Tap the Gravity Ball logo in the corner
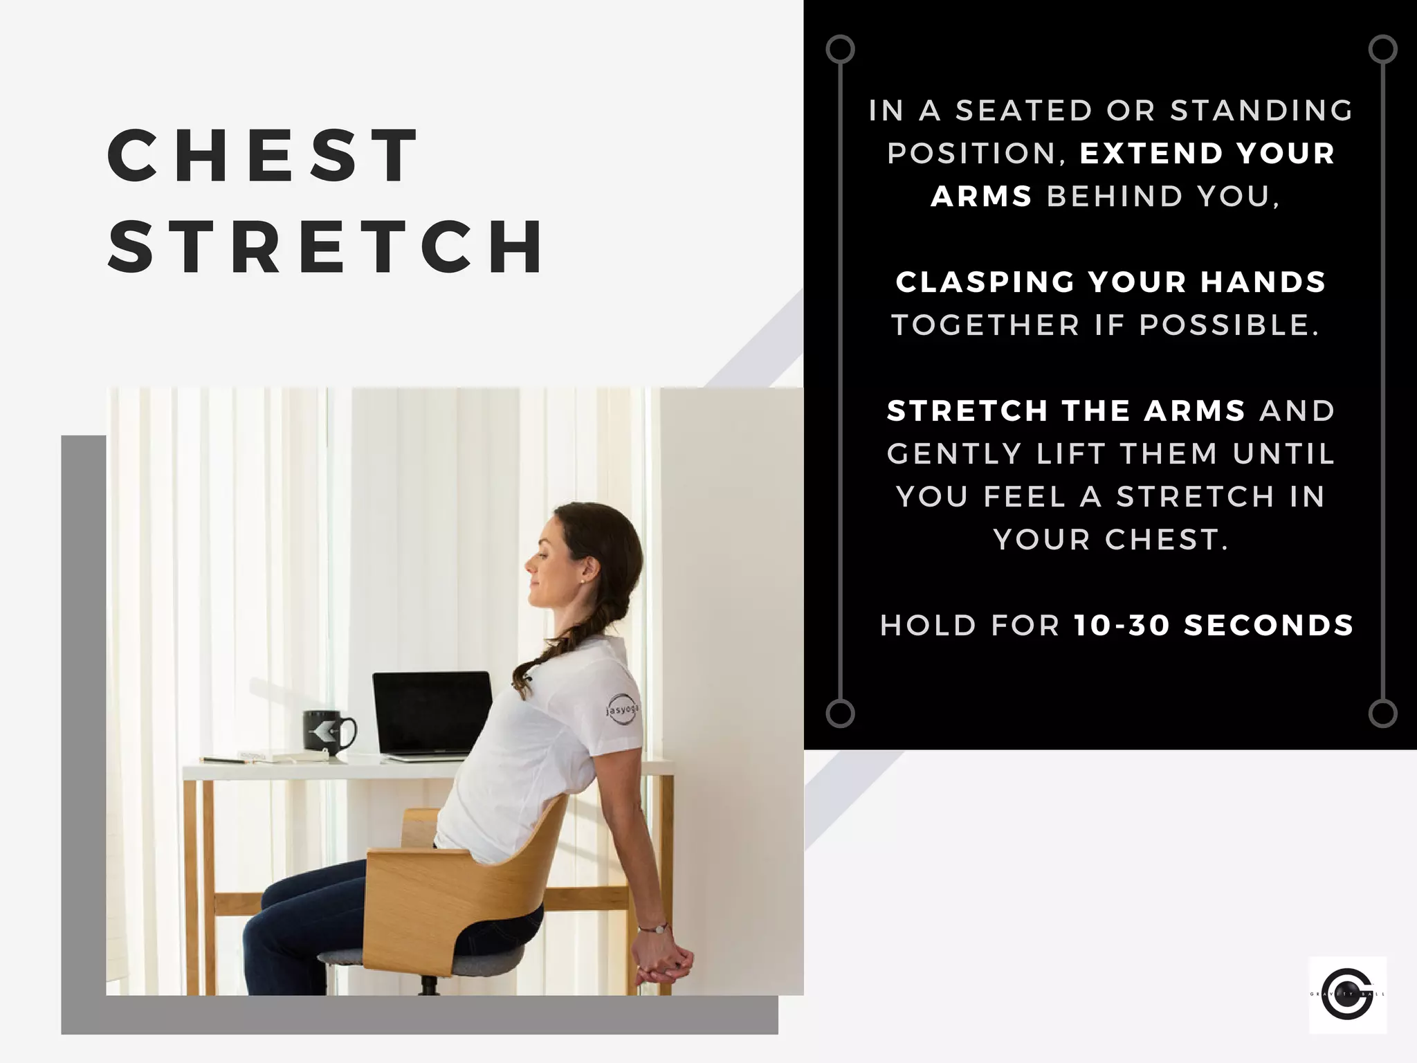click(1347, 994)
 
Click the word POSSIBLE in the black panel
click(1229, 325)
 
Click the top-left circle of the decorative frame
click(840, 50)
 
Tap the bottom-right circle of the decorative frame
click(1382, 714)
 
